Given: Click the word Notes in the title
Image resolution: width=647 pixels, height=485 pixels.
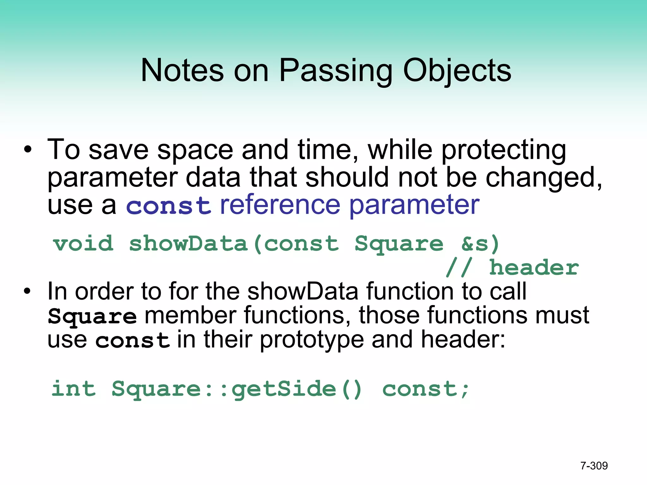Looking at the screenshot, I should point(182,70).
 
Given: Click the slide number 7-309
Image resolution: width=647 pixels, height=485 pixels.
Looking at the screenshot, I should point(594,466).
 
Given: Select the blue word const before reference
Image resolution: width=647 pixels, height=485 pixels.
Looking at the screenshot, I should point(168,206).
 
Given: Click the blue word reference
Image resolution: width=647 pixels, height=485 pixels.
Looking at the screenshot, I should point(280,205).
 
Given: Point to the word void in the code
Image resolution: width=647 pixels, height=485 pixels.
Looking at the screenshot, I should point(83,244).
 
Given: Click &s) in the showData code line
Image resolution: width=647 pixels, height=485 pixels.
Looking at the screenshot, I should point(480,244).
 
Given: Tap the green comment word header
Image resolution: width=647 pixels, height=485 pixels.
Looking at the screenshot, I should point(534,268).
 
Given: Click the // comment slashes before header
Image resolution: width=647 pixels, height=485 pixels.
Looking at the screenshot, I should point(459,268).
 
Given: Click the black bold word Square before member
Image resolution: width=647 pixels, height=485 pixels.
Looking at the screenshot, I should point(92,316).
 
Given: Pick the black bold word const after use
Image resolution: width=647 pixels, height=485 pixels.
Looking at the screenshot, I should point(132,341).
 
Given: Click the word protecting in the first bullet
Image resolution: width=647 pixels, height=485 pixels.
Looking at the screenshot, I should point(504,150).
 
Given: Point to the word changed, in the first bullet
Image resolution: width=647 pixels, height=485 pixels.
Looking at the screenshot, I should point(543,178).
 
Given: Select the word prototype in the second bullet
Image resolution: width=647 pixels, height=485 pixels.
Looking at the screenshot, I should point(312,341).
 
